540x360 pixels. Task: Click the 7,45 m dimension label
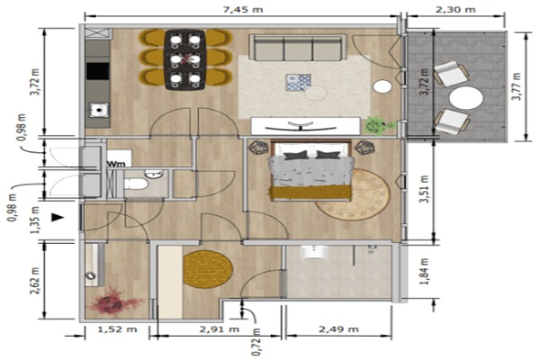tap(243, 9)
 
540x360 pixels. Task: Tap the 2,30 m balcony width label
tap(455, 9)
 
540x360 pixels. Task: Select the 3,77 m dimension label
tap(517, 86)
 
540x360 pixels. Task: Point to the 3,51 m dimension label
tap(425, 189)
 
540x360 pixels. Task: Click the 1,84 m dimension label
tap(425, 272)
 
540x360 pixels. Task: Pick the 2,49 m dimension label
tap(339, 329)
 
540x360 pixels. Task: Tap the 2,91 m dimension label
tap(220, 329)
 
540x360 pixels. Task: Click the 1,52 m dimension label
tap(117, 329)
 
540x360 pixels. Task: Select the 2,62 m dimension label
tap(35, 280)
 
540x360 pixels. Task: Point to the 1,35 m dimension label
tap(35, 220)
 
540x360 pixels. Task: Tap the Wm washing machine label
tap(115, 163)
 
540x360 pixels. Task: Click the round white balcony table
tap(466, 98)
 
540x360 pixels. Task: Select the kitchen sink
tap(99, 110)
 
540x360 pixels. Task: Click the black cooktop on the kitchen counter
tap(98, 71)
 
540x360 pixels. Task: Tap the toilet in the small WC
tap(137, 184)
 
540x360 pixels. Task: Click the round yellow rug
tap(208, 269)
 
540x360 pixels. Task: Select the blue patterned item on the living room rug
tap(298, 83)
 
